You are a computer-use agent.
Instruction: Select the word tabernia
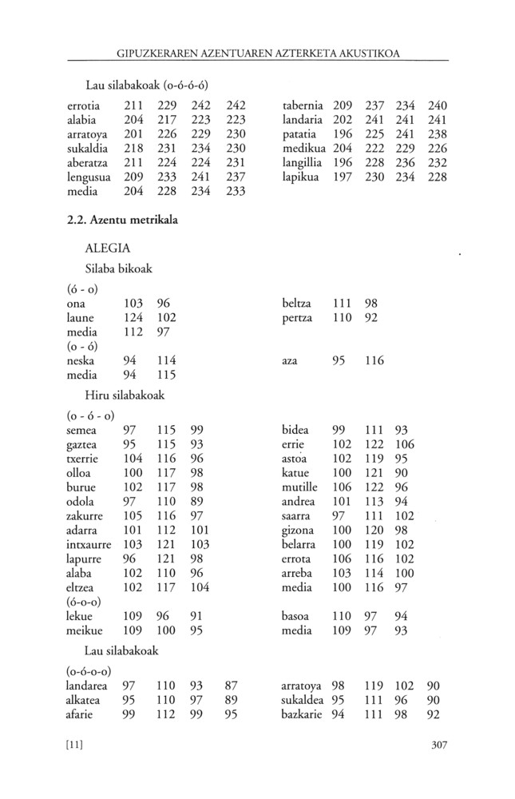pos(303,105)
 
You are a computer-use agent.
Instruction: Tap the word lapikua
pos(301,177)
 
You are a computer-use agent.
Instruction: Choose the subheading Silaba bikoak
pos(118,268)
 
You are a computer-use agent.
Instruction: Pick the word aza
pos(290,361)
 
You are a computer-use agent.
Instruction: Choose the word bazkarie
pos(302,714)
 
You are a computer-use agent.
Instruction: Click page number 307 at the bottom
pos(438,745)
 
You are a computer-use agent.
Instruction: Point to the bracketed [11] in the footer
pos(75,745)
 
